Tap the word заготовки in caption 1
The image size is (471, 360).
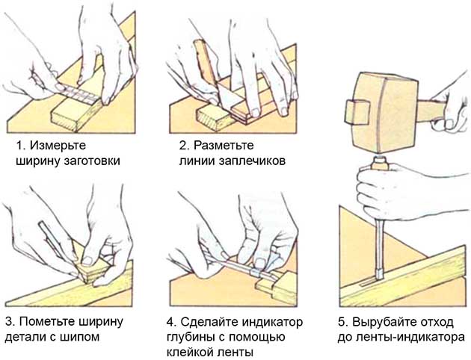[89, 160]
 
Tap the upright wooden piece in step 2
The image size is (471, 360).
[205, 66]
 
